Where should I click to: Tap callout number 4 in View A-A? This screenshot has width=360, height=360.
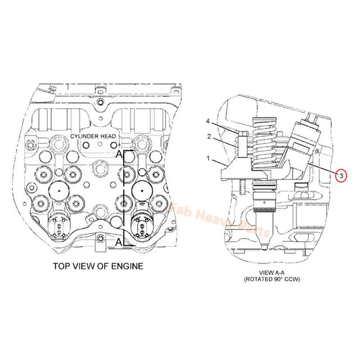click(x=208, y=121)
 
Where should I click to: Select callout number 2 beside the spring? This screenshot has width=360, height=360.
click(x=208, y=137)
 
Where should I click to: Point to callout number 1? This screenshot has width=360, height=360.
click(x=208, y=159)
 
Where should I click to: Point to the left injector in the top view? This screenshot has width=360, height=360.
click(x=58, y=228)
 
